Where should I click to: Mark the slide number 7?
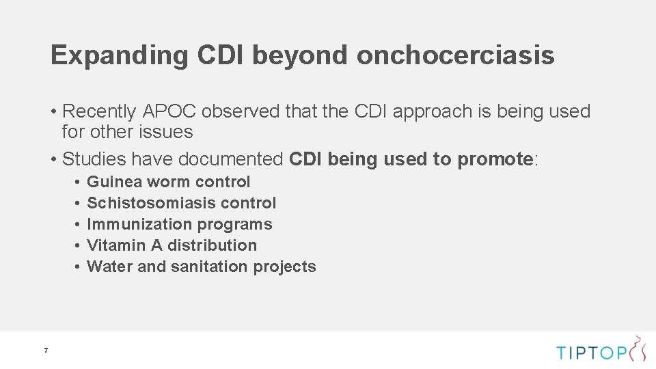(46, 351)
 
